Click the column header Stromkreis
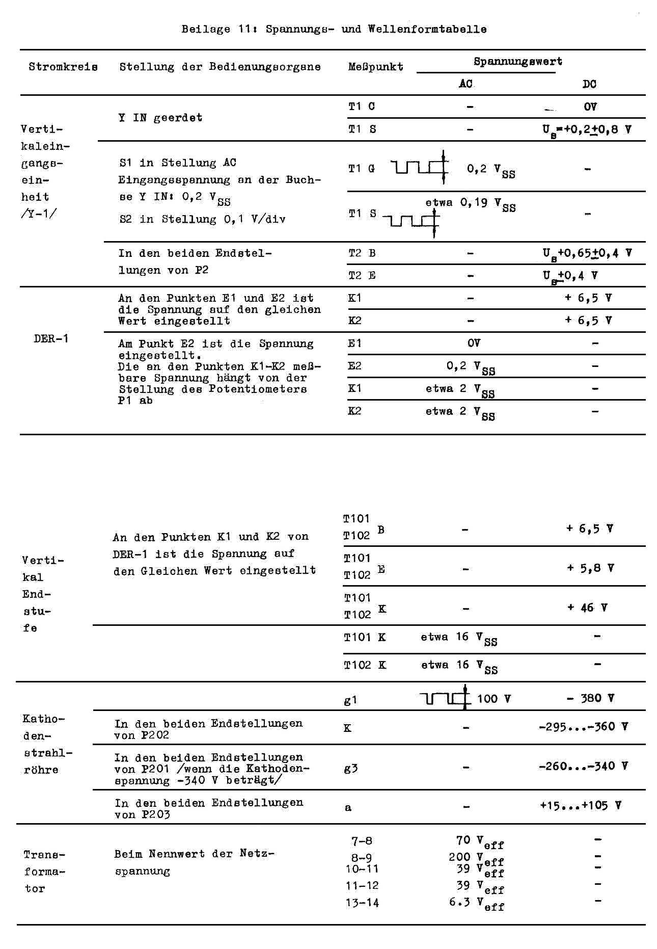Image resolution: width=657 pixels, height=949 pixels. pos(63,67)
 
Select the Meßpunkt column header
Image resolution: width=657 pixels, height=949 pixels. pos(375,67)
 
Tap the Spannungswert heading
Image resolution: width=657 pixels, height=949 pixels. pos(517,62)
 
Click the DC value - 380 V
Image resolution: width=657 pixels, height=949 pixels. pos(590,698)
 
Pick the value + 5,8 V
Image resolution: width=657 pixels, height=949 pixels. pos(590,568)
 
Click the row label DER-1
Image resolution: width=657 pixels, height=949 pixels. pos(51,338)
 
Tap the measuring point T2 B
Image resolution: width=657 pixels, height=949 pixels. pos(362,253)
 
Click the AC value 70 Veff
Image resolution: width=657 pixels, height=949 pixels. pos(479,841)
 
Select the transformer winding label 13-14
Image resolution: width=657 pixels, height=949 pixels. pos(362,903)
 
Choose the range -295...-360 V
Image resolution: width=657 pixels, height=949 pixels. pos(583,726)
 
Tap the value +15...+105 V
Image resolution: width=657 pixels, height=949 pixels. pos(580,805)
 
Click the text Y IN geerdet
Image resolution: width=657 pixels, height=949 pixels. pos(160,118)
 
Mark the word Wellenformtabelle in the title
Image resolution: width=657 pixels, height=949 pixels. pos(427,29)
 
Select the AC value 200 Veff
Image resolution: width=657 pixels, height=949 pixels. pos(476,858)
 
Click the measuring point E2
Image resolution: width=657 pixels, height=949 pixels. pos(354,366)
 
